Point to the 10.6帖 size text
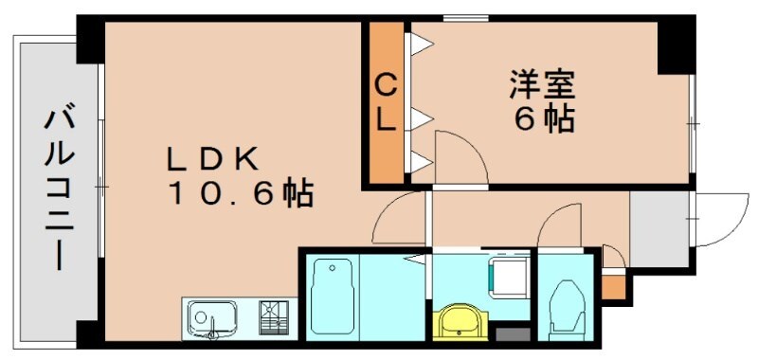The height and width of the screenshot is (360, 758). [241, 195]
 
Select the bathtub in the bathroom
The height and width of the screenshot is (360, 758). [331, 294]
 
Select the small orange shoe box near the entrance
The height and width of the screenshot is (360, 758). [614, 285]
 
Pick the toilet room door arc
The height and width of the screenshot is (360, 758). [559, 227]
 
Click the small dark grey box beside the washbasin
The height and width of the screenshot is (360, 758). [513, 334]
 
